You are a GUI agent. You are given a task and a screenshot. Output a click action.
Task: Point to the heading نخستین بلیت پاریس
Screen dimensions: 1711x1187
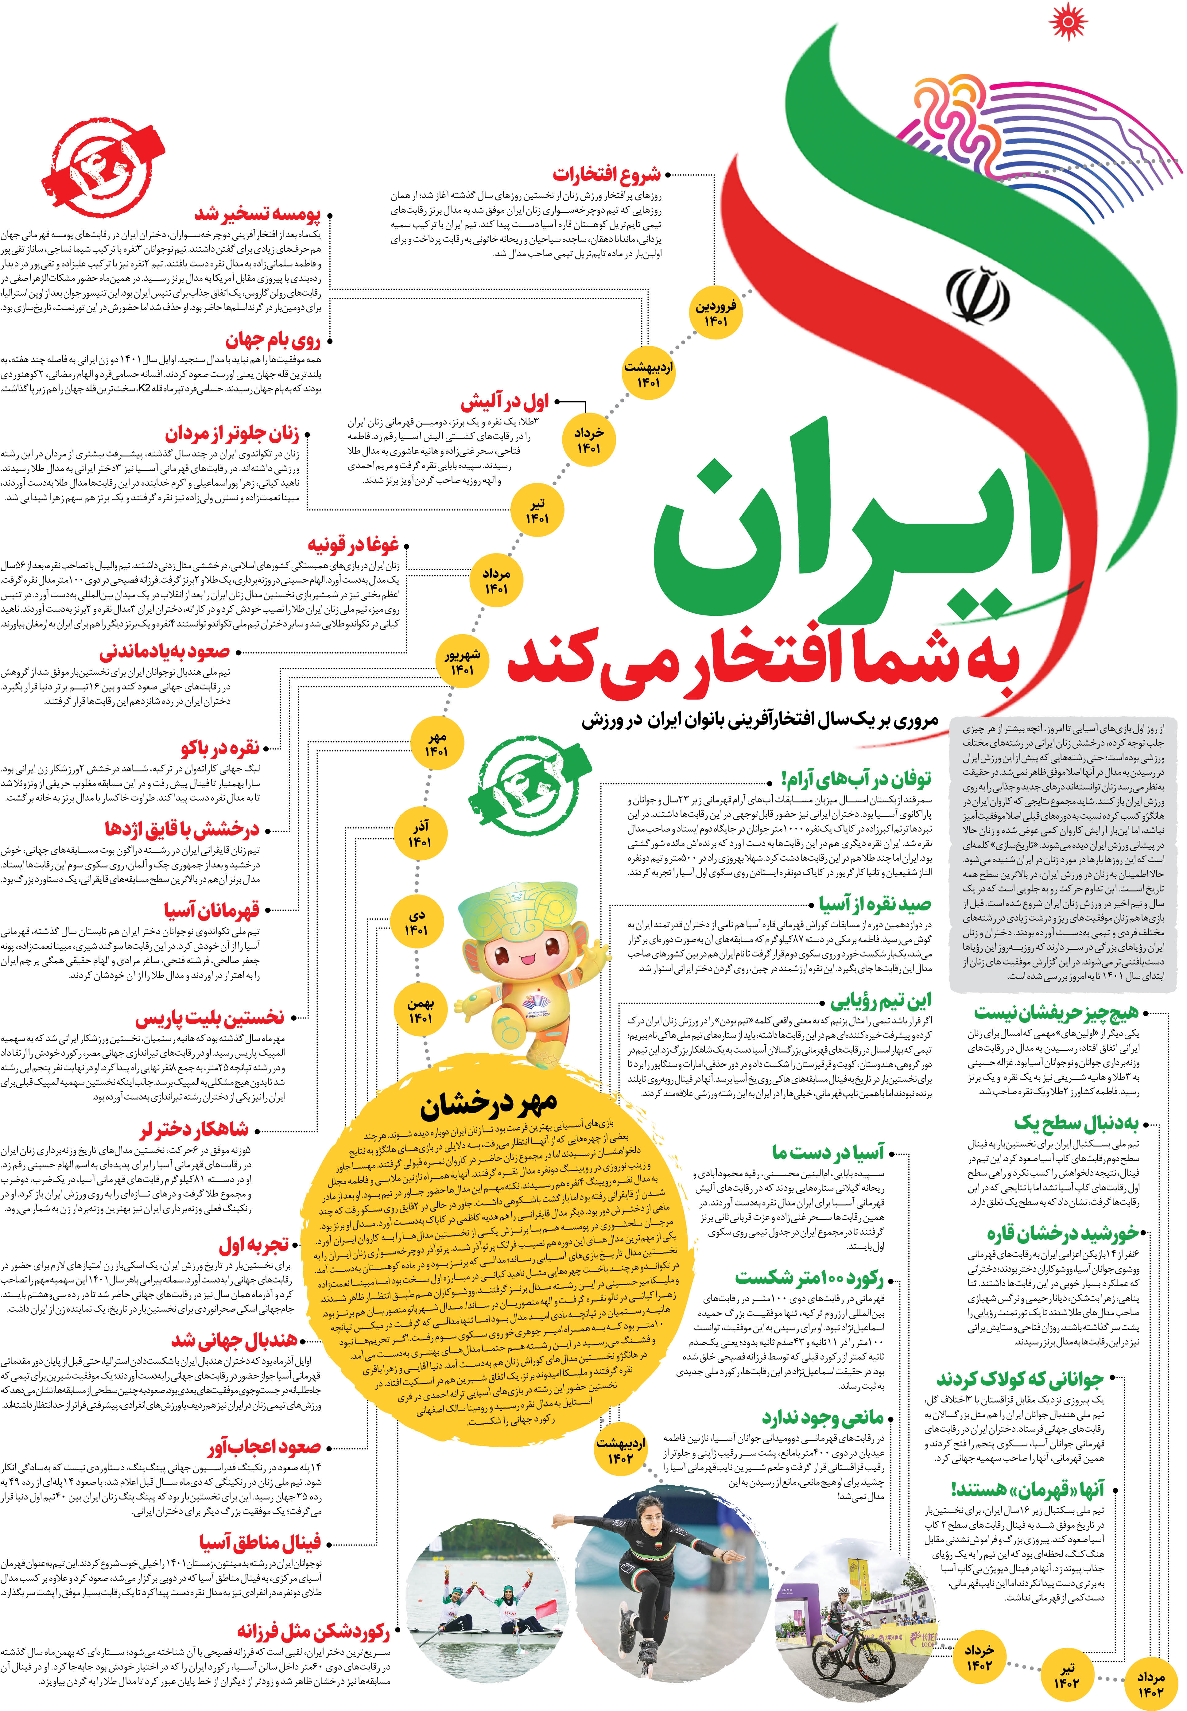tap(210, 1017)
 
